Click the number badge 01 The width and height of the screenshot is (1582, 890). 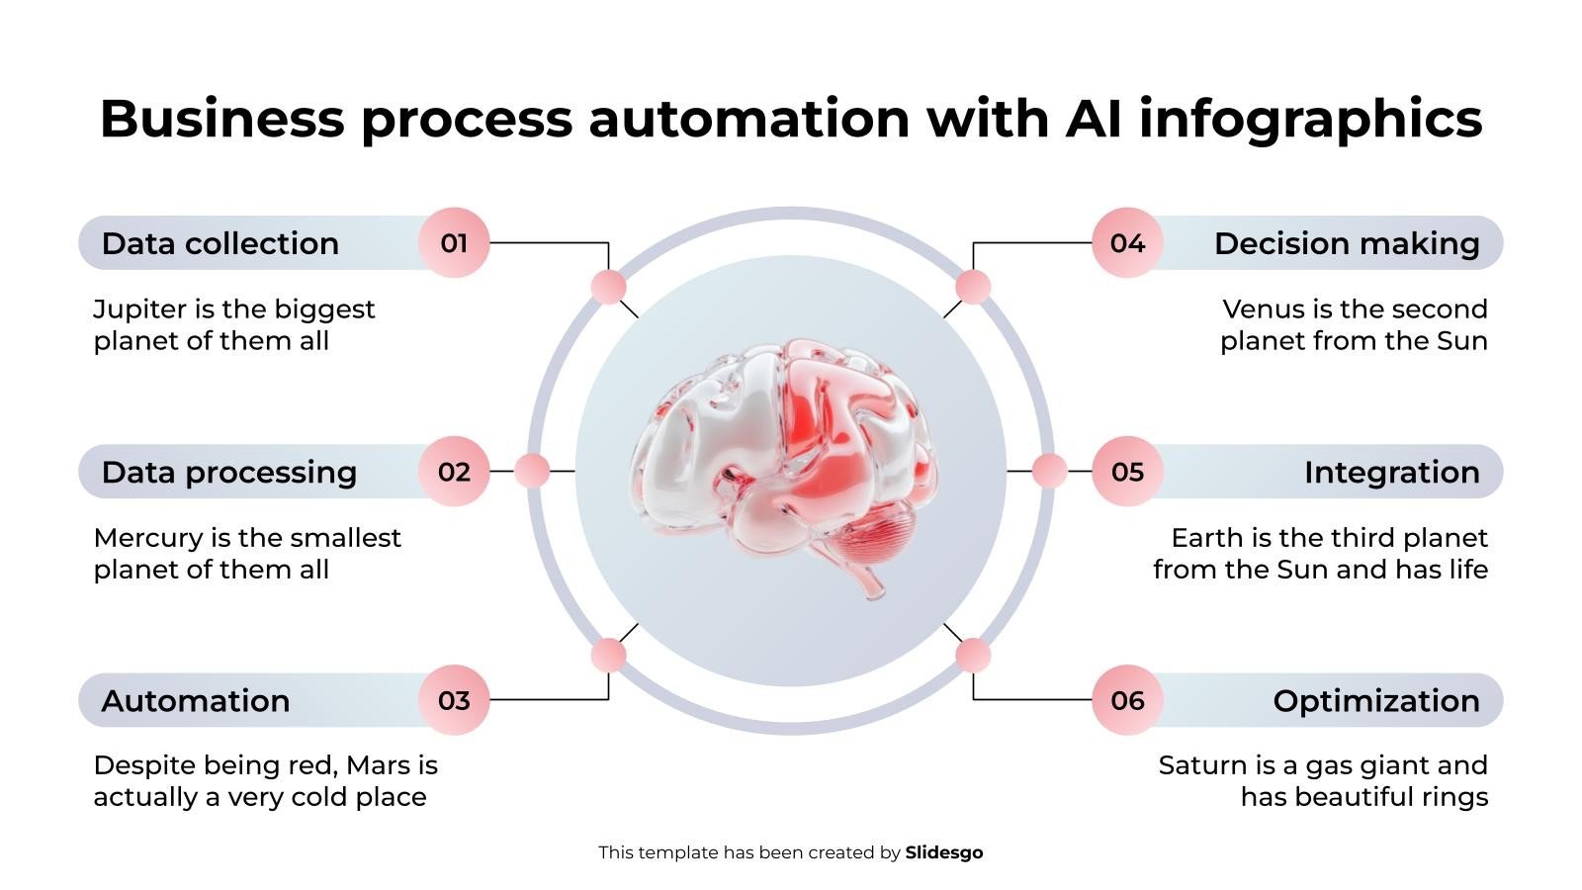pyautogui.click(x=454, y=243)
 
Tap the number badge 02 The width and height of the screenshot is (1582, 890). pyautogui.click(x=454, y=472)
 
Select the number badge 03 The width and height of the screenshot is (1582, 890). pyautogui.click(x=454, y=700)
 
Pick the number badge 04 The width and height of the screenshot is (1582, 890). pyautogui.click(x=1127, y=243)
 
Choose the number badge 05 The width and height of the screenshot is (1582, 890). pyautogui.click(x=1127, y=472)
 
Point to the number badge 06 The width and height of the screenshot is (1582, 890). pyautogui.click(x=1127, y=700)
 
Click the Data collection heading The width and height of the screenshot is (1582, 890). pyautogui.click(x=220, y=243)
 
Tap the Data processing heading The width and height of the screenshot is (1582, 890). pyautogui.click(x=228, y=472)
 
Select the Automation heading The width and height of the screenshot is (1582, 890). pyautogui.click(x=195, y=700)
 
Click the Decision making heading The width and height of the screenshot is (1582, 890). pyautogui.click(x=1347, y=243)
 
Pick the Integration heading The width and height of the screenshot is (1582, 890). pyautogui.click(x=1391, y=472)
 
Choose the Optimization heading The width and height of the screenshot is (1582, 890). pyautogui.click(x=1375, y=700)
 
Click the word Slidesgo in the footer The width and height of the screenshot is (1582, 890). pyautogui.click(x=943, y=852)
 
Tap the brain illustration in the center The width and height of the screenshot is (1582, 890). pyautogui.click(x=786, y=465)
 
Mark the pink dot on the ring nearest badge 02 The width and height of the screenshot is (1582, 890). pyautogui.click(x=532, y=471)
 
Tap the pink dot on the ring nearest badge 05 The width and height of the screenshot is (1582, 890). pyautogui.click(x=1049, y=471)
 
